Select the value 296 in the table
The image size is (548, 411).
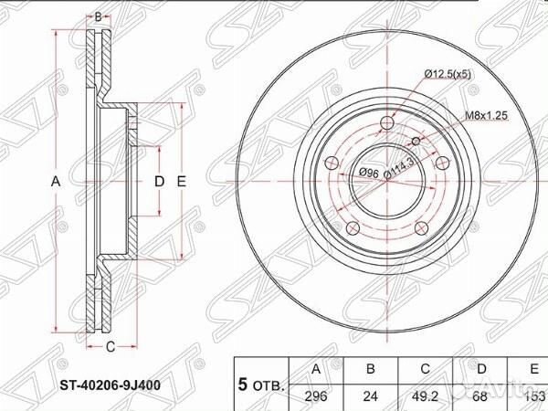pyautogui.click(x=316, y=397)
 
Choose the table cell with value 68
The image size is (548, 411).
pyautogui.click(x=480, y=397)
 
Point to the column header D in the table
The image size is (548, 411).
pyautogui.click(x=480, y=369)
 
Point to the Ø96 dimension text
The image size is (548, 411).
pyautogui.click(x=369, y=173)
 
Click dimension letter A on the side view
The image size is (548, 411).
pyautogui.click(x=56, y=182)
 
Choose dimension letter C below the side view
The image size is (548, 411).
pyautogui.click(x=110, y=345)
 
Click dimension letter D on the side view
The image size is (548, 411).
pyautogui.click(x=158, y=182)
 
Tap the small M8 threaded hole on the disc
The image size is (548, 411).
pyautogui.click(x=417, y=141)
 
